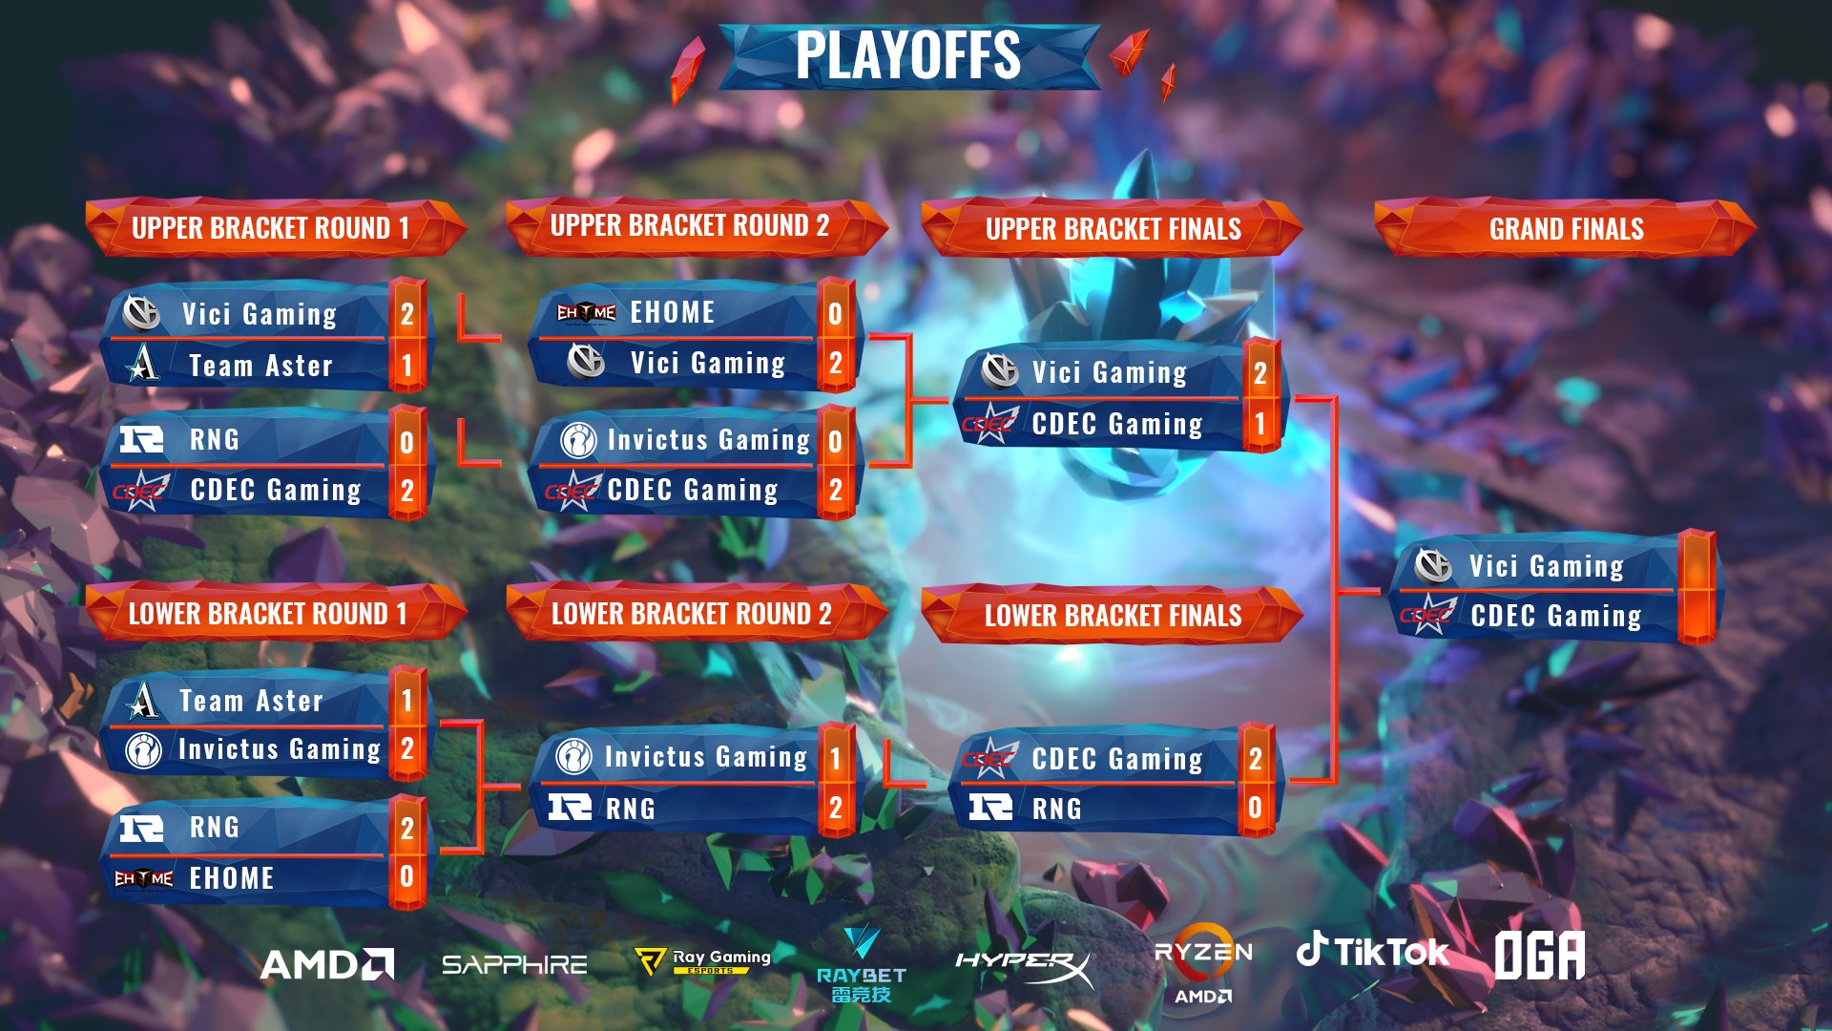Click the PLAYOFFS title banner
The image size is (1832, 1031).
[907, 55]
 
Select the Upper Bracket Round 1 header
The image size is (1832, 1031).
[270, 228]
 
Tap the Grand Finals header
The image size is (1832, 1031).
[1566, 229]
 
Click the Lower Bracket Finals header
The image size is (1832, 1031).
[1113, 616]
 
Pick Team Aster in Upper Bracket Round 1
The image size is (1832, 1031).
[260, 366]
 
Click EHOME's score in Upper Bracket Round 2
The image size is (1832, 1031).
[835, 313]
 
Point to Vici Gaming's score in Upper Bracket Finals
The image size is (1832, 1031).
[1259, 373]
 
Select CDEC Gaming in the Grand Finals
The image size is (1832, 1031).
[1555, 617]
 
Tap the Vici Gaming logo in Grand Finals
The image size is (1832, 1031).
[1432, 566]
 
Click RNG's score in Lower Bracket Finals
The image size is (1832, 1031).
[1255, 808]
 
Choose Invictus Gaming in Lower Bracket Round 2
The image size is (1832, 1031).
[705, 757]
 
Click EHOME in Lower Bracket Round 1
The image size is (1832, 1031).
[231, 878]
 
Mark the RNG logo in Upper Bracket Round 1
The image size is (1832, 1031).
[141, 440]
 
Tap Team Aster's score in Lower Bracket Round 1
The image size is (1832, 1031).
[406, 701]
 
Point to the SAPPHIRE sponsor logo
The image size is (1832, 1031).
[514, 965]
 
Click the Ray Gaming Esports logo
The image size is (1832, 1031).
[703, 960]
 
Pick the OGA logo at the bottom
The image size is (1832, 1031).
[1539, 955]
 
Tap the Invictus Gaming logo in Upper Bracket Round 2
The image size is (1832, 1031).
[578, 440]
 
